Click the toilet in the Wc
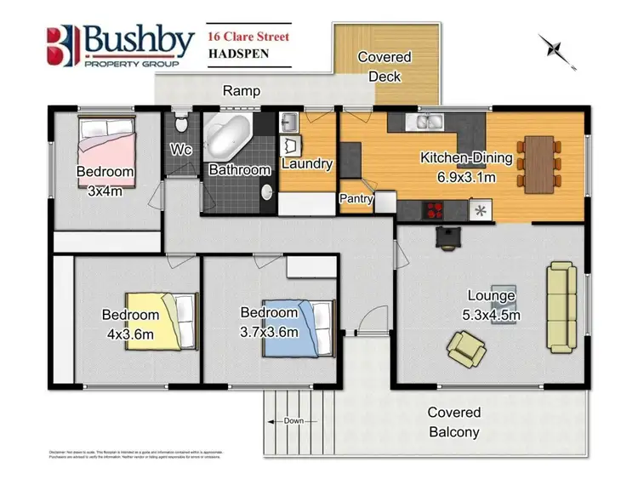point(179,124)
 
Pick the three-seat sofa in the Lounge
point(561,307)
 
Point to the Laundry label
point(306,164)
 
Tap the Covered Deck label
point(384,66)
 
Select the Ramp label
point(241,90)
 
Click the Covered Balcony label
point(454,421)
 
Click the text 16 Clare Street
point(248,37)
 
